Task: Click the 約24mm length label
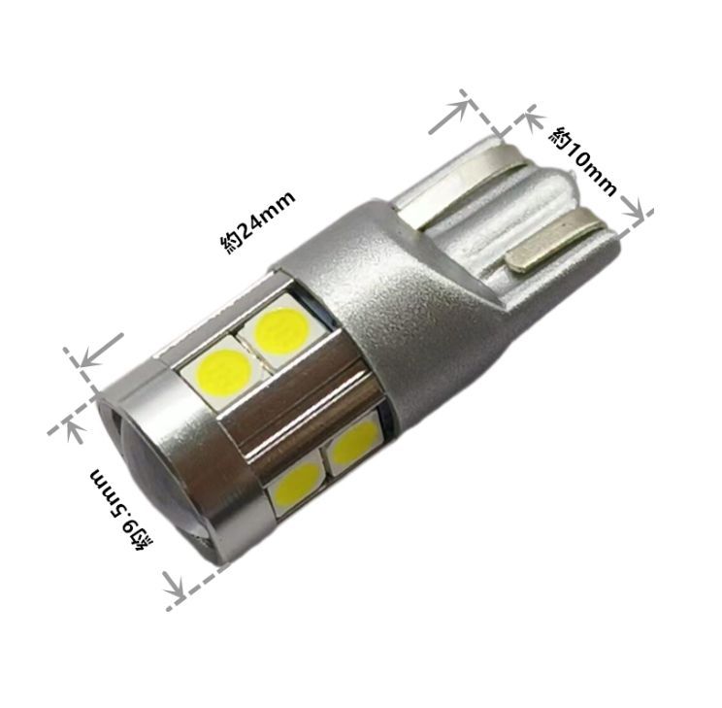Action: click(x=258, y=221)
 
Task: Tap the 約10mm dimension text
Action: click(x=582, y=160)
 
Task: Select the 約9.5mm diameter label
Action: click(x=122, y=509)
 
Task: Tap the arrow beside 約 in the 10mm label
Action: click(x=533, y=121)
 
